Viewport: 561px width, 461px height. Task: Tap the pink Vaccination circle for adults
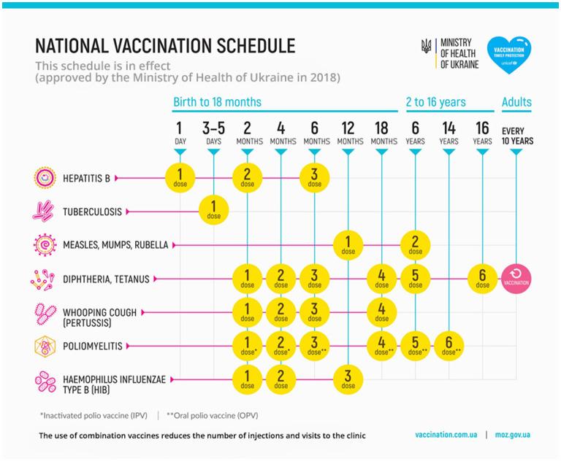click(x=516, y=279)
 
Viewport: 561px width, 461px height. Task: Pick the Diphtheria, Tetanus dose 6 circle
click(x=482, y=279)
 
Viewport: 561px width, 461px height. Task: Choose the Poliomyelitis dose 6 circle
click(x=449, y=346)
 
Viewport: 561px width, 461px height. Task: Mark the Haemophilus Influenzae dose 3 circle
click(x=348, y=380)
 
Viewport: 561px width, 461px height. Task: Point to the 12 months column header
click(x=348, y=130)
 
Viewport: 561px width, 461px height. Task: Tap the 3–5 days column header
click(x=214, y=130)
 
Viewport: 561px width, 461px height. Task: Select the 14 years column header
click(x=449, y=130)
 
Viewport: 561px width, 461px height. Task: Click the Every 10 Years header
click(x=516, y=134)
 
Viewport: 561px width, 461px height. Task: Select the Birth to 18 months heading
click(x=217, y=102)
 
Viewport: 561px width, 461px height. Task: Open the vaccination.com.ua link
click(x=446, y=435)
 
